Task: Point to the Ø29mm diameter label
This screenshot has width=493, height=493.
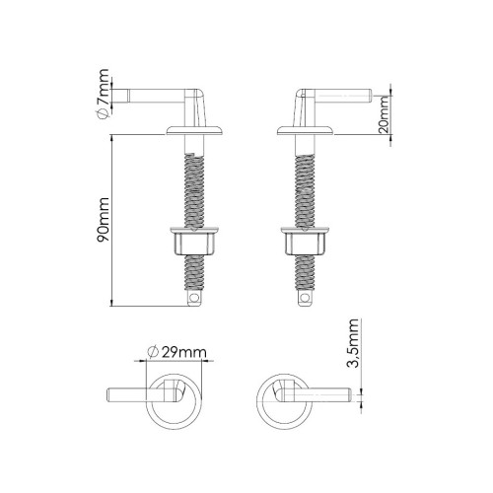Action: (x=176, y=352)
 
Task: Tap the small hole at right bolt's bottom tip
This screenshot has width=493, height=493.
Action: (x=305, y=294)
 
